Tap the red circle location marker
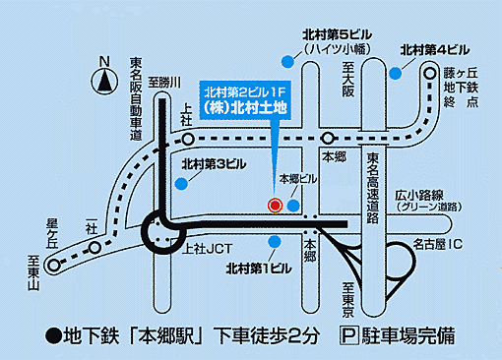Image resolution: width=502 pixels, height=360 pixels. (276, 205)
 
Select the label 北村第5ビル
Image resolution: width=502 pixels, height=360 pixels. (335, 34)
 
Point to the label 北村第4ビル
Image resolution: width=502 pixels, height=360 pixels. (435, 49)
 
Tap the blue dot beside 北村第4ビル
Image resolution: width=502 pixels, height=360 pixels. (395, 72)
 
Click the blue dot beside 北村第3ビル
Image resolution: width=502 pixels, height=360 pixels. (183, 182)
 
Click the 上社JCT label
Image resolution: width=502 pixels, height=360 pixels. (206, 249)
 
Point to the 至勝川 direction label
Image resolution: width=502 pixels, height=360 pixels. (160, 84)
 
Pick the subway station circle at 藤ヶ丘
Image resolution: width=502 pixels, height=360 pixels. (430, 72)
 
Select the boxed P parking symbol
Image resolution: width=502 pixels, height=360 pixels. (345, 333)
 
